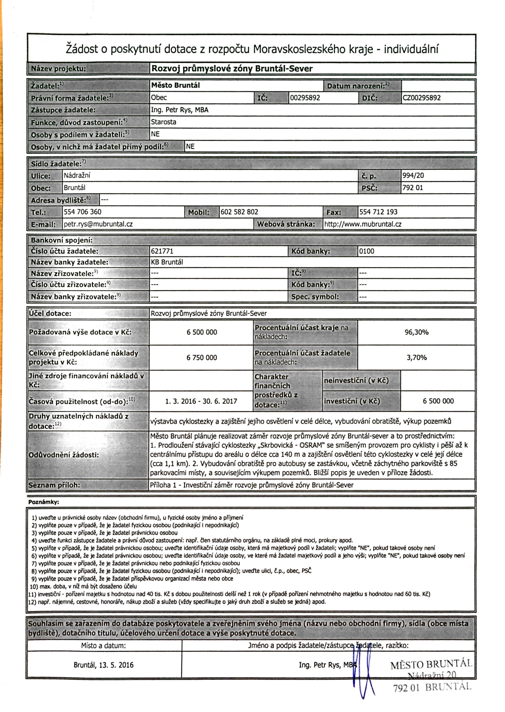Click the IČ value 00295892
click(x=305, y=98)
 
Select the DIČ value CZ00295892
click(x=422, y=98)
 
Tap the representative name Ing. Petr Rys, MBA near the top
click(x=180, y=110)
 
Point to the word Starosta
click(x=164, y=122)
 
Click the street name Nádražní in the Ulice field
click(x=77, y=175)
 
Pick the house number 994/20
click(x=413, y=175)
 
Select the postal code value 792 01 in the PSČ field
click(x=413, y=188)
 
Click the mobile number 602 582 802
click(x=239, y=212)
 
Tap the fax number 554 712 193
click(x=378, y=212)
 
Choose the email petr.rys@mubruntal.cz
click(x=98, y=224)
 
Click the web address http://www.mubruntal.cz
click(x=363, y=224)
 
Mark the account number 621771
click(x=162, y=251)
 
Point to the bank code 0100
click(x=367, y=251)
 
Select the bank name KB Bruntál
click(x=167, y=262)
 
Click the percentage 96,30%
click(x=416, y=332)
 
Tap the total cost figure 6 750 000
click(x=202, y=358)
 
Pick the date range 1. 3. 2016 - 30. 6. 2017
click(x=201, y=401)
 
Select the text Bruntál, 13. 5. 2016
click(x=103, y=665)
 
